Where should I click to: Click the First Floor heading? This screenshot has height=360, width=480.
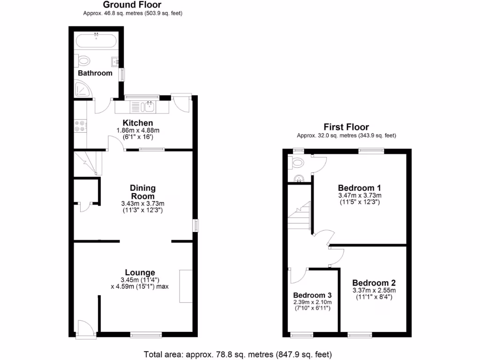pos(346,127)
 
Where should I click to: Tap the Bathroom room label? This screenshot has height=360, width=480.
pos(95,73)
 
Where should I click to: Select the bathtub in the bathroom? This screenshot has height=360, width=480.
pos(96,41)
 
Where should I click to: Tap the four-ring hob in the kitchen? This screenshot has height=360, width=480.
pos(80,126)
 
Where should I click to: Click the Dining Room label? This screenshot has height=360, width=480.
pos(142,192)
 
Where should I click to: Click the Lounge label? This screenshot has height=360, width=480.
pos(140,272)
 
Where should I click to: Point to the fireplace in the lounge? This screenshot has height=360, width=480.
pos(186,286)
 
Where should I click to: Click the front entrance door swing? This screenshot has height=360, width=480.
pos(85,327)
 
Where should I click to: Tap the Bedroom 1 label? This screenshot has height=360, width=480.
pos(360,188)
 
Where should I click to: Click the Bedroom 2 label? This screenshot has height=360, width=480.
pos(374,283)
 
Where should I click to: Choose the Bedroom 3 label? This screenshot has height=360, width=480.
pos(312,295)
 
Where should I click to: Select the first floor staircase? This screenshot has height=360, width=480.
pos(299,216)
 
